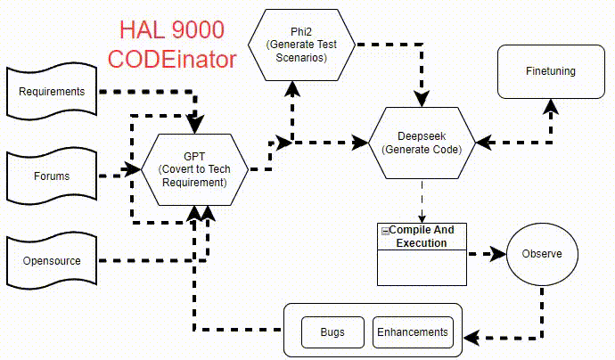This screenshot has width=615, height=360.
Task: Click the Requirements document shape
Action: pyautogui.click(x=52, y=92)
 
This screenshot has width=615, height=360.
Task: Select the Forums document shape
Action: pyautogui.click(x=52, y=176)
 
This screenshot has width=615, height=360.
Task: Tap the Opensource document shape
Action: pyautogui.click(x=52, y=261)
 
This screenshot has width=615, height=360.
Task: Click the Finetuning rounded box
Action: pyautogui.click(x=550, y=71)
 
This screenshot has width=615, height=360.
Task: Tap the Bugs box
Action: pyautogui.click(x=332, y=332)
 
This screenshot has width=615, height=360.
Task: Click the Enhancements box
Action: pyautogui.click(x=412, y=332)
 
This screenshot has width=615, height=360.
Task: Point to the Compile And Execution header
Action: pyautogui.click(x=422, y=236)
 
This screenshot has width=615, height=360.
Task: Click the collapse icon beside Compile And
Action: pyautogui.click(x=385, y=231)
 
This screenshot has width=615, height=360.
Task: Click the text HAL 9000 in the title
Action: pyautogui.click(x=171, y=30)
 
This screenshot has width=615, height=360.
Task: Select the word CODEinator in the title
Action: pyautogui.click(x=171, y=60)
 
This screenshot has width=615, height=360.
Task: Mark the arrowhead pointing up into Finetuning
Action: pyautogui.click(x=550, y=105)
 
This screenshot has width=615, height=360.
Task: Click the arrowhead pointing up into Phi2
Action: pyautogui.click(x=291, y=86)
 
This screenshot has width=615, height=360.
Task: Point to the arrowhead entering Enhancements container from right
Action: pyautogui.click(x=471, y=338)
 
